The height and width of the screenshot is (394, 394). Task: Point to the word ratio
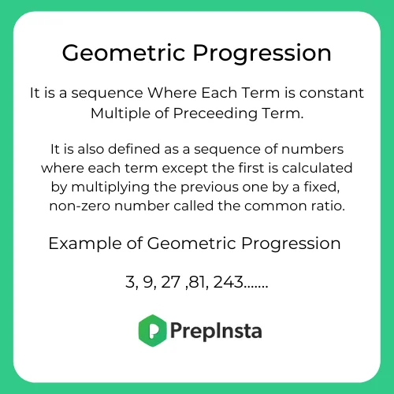tap(329, 206)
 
